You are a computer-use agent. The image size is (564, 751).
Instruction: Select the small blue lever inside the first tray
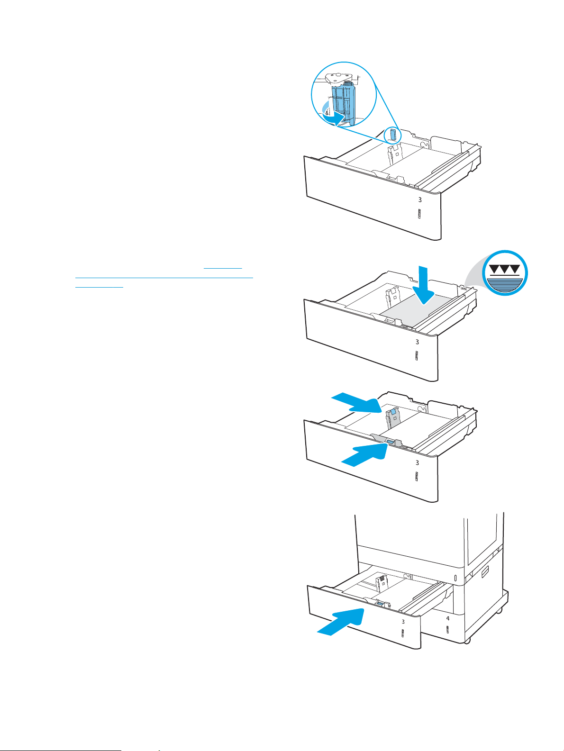tap(392, 135)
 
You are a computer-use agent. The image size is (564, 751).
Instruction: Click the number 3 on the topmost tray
tap(420, 200)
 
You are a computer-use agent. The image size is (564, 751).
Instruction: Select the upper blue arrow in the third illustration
tap(356, 403)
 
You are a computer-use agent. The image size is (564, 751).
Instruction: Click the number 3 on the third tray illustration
tap(417, 462)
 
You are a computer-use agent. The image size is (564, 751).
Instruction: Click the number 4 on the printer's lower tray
tap(448, 619)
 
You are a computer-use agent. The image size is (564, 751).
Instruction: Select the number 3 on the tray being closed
tap(403, 621)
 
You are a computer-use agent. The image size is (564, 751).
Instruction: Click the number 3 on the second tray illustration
tap(417, 342)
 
